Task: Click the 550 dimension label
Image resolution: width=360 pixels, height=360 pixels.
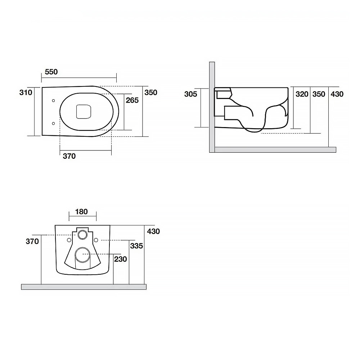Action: pos(51,72)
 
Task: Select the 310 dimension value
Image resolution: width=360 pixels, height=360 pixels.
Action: pos(26,93)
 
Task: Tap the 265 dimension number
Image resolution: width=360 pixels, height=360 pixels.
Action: pos(132,100)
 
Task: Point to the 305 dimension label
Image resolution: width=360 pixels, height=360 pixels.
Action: pos(190,94)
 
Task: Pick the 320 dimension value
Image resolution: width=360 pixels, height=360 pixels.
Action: pos(302,94)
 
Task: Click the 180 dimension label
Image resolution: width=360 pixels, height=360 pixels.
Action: pos(81,211)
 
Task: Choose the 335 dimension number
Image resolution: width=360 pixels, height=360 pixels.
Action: pos(136,246)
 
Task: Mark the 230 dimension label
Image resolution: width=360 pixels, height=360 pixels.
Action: pos(121,259)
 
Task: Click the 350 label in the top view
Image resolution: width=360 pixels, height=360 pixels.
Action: pos(151,93)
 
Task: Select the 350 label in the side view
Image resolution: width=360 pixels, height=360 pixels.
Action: pos(319,94)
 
